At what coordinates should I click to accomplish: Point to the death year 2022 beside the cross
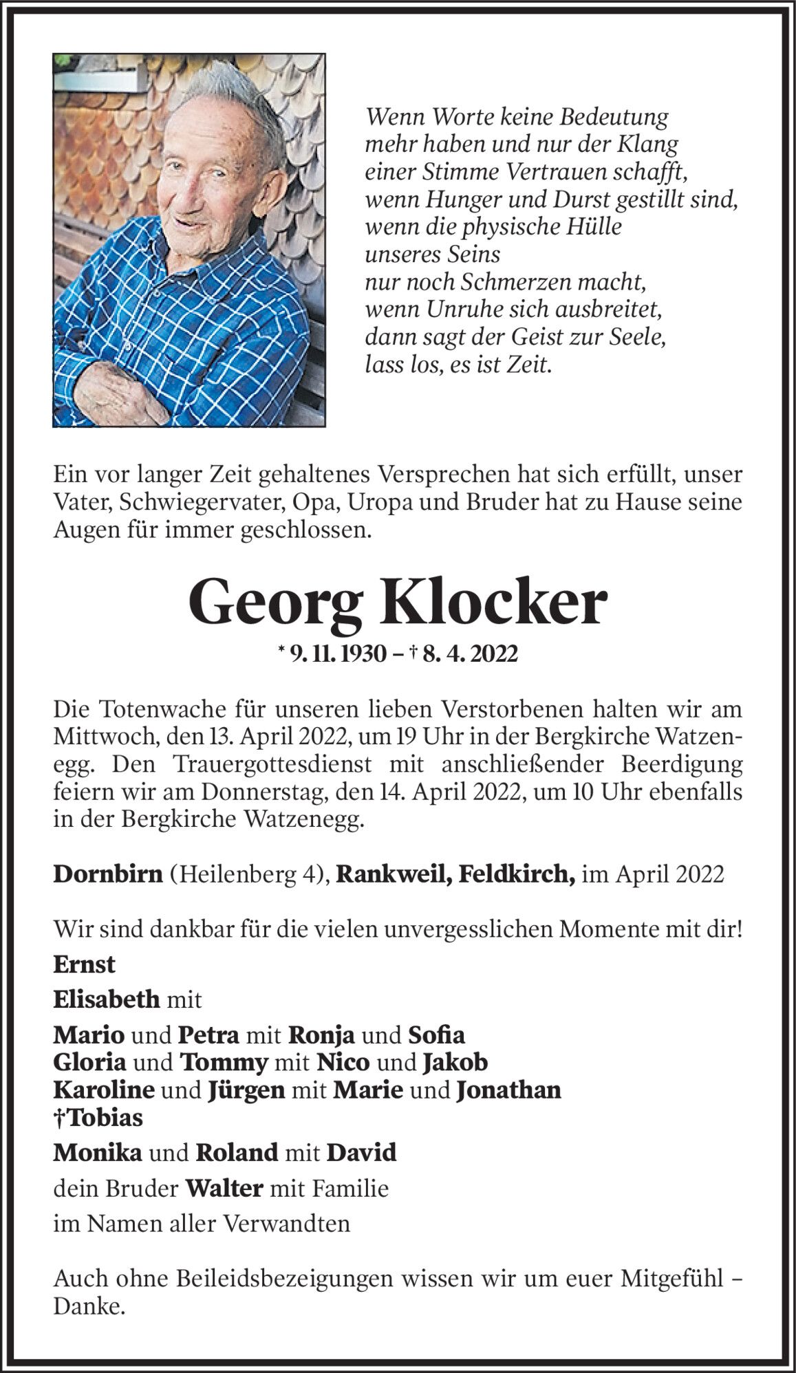coord(491,654)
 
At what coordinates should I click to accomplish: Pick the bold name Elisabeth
coord(107,998)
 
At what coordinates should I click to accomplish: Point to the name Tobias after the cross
coord(103,1117)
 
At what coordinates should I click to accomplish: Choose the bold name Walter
coord(224,1187)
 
